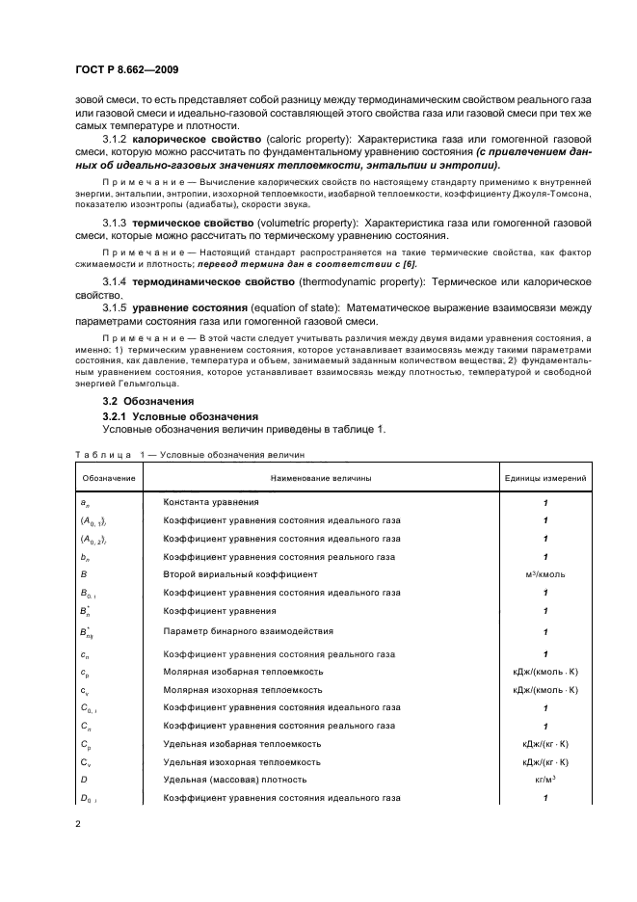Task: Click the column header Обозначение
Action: click(108, 478)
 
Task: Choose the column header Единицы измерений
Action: click(545, 478)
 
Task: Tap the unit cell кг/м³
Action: click(545, 780)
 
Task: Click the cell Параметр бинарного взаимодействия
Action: click(249, 632)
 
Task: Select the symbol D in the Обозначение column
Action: click(84, 780)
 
